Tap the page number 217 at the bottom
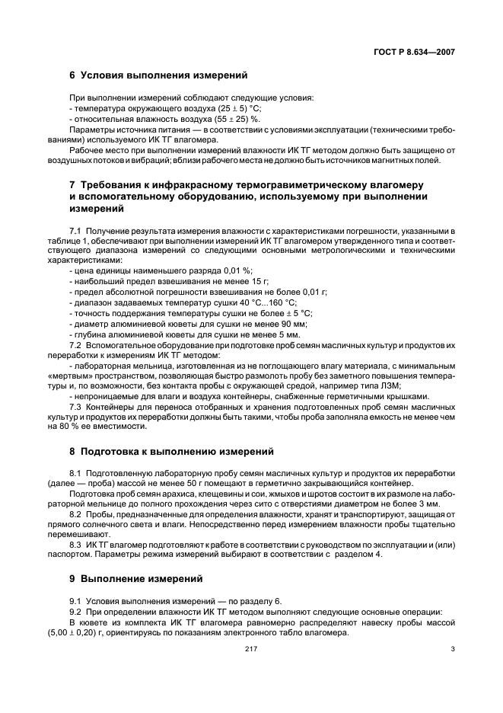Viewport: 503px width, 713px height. pyautogui.click(x=251, y=650)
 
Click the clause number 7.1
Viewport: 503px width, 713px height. pyautogui.click(x=75, y=230)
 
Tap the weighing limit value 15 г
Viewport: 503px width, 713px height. pyautogui.click(x=250, y=281)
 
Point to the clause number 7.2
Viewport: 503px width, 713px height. pyautogui.click(x=75, y=345)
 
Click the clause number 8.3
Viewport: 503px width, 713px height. pyautogui.click(x=75, y=544)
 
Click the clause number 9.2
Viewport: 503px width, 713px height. pyautogui.click(x=75, y=612)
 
